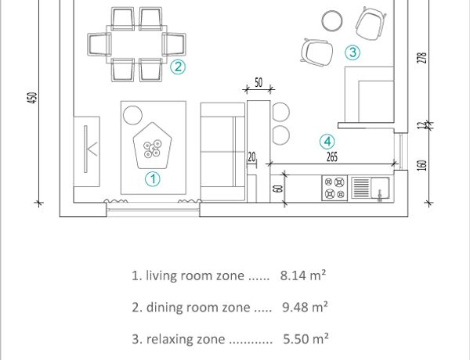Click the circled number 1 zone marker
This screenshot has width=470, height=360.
coord(153,178)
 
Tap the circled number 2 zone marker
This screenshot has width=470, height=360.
coord(178,67)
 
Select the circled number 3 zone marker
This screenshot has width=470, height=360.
coord(352,52)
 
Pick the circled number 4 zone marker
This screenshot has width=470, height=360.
coord(327,142)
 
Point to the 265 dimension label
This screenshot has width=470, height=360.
coord(332,157)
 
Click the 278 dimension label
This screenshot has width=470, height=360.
coord(421,58)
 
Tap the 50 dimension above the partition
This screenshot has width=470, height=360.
coord(258,82)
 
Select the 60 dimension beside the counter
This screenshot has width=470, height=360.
coord(278,189)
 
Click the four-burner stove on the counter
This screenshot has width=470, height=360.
coord(334,188)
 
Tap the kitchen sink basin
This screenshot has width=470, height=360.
coord(380,188)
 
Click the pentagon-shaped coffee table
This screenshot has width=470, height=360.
coord(153,146)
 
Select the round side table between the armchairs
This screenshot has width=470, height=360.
coord(332,20)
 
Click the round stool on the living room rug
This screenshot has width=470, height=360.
coord(132,115)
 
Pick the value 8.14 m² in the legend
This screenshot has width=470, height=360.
coord(303,275)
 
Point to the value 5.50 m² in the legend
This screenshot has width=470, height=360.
coord(305,339)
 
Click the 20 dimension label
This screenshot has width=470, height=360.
coord(251,157)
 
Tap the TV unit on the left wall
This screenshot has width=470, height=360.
coord(87,152)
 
